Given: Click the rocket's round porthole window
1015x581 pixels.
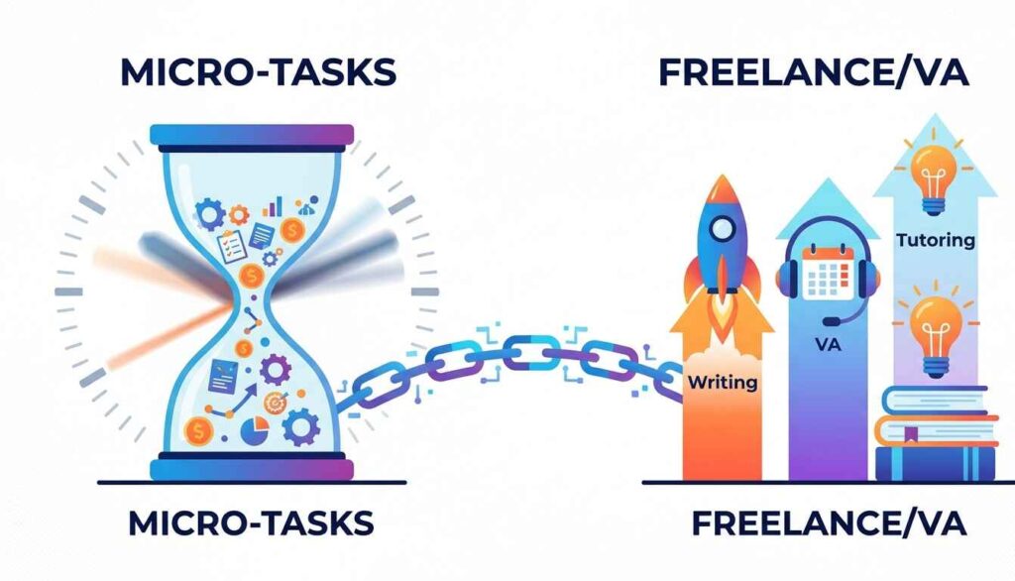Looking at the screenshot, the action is click(721, 229).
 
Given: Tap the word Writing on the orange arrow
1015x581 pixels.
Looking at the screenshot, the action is click(723, 382).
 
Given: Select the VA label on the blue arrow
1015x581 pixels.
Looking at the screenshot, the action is click(828, 345).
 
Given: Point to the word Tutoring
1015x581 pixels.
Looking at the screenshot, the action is click(936, 240).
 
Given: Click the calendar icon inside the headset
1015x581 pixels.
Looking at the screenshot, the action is click(828, 272).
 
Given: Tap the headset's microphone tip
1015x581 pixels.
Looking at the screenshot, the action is click(830, 321).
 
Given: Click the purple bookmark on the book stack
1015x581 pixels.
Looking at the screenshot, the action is click(911, 433).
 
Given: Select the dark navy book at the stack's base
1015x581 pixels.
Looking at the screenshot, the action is click(935, 464).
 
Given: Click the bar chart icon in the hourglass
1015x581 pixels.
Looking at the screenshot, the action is click(273, 206).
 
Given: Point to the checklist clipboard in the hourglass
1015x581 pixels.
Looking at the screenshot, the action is click(231, 246).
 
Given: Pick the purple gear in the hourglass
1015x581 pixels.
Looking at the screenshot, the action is click(276, 370).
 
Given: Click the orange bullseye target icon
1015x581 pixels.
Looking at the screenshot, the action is click(277, 403).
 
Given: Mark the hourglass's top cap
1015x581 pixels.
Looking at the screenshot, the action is click(252, 136).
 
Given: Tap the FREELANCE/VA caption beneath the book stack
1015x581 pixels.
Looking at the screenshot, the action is click(830, 523).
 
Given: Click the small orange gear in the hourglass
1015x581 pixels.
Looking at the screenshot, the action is click(238, 214).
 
